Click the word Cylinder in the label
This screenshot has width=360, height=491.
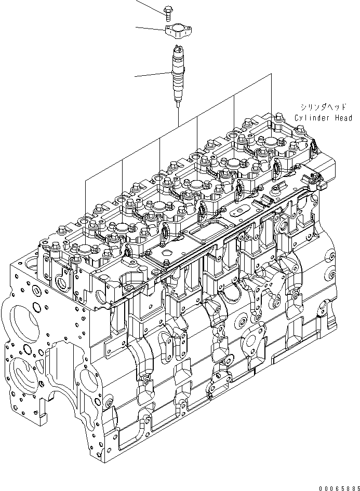coord(311,118)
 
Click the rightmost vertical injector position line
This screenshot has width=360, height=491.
coord(271,99)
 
